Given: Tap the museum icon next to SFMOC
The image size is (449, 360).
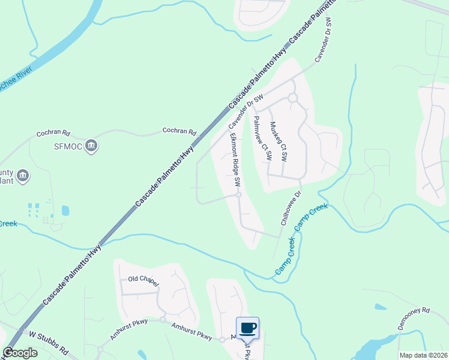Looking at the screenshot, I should [x=91, y=146].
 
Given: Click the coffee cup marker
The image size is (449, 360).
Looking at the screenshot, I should [x=248, y=328].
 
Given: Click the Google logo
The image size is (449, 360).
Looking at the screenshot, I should [x=20, y=353].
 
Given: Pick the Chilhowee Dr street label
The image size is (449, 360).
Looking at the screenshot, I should [x=291, y=209].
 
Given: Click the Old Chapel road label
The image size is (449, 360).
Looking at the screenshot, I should [x=143, y=279].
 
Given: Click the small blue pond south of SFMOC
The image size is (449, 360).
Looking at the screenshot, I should [x=65, y=211].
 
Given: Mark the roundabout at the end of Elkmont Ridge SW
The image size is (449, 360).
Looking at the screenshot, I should [x=238, y=195].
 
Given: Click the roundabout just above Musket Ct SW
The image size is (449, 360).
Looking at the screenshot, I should [x=292, y=98].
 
